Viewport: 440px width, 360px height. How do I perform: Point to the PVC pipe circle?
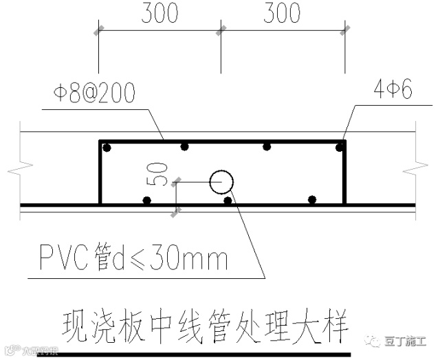click(222, 182)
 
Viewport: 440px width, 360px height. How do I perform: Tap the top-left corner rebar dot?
click(106, 148)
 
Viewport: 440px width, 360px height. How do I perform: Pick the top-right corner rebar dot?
click(339, 147)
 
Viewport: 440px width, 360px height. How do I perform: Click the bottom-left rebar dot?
click(146, 200)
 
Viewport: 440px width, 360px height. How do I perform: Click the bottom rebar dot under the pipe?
click(228, 200)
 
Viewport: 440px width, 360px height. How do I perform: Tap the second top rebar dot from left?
click(184, 146)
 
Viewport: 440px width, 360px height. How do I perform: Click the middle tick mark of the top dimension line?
click(221, 30)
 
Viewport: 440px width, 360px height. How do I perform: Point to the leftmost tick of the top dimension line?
click(98, 30)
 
